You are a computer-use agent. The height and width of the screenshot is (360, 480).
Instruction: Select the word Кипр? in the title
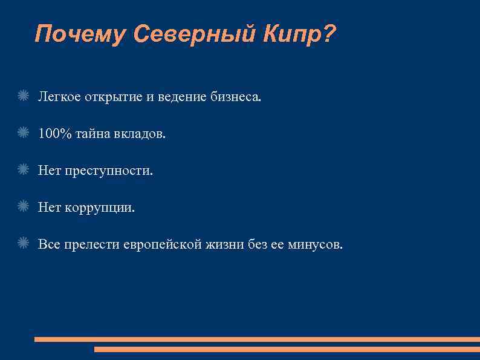click(x=299, y=34)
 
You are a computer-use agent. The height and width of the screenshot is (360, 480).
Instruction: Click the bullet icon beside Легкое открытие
click(x=24, y=95)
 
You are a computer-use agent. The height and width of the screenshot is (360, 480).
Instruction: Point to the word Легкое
click(x=57, y=96)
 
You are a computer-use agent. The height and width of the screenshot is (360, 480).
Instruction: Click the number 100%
click(x=54, y=133)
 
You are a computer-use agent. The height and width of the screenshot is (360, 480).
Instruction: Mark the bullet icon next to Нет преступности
click(x=24, y=170)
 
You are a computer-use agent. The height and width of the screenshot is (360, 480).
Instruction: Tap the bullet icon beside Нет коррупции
click(x=24, y=207)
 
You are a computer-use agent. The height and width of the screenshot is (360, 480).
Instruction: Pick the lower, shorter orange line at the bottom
click(x=287, y=349)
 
